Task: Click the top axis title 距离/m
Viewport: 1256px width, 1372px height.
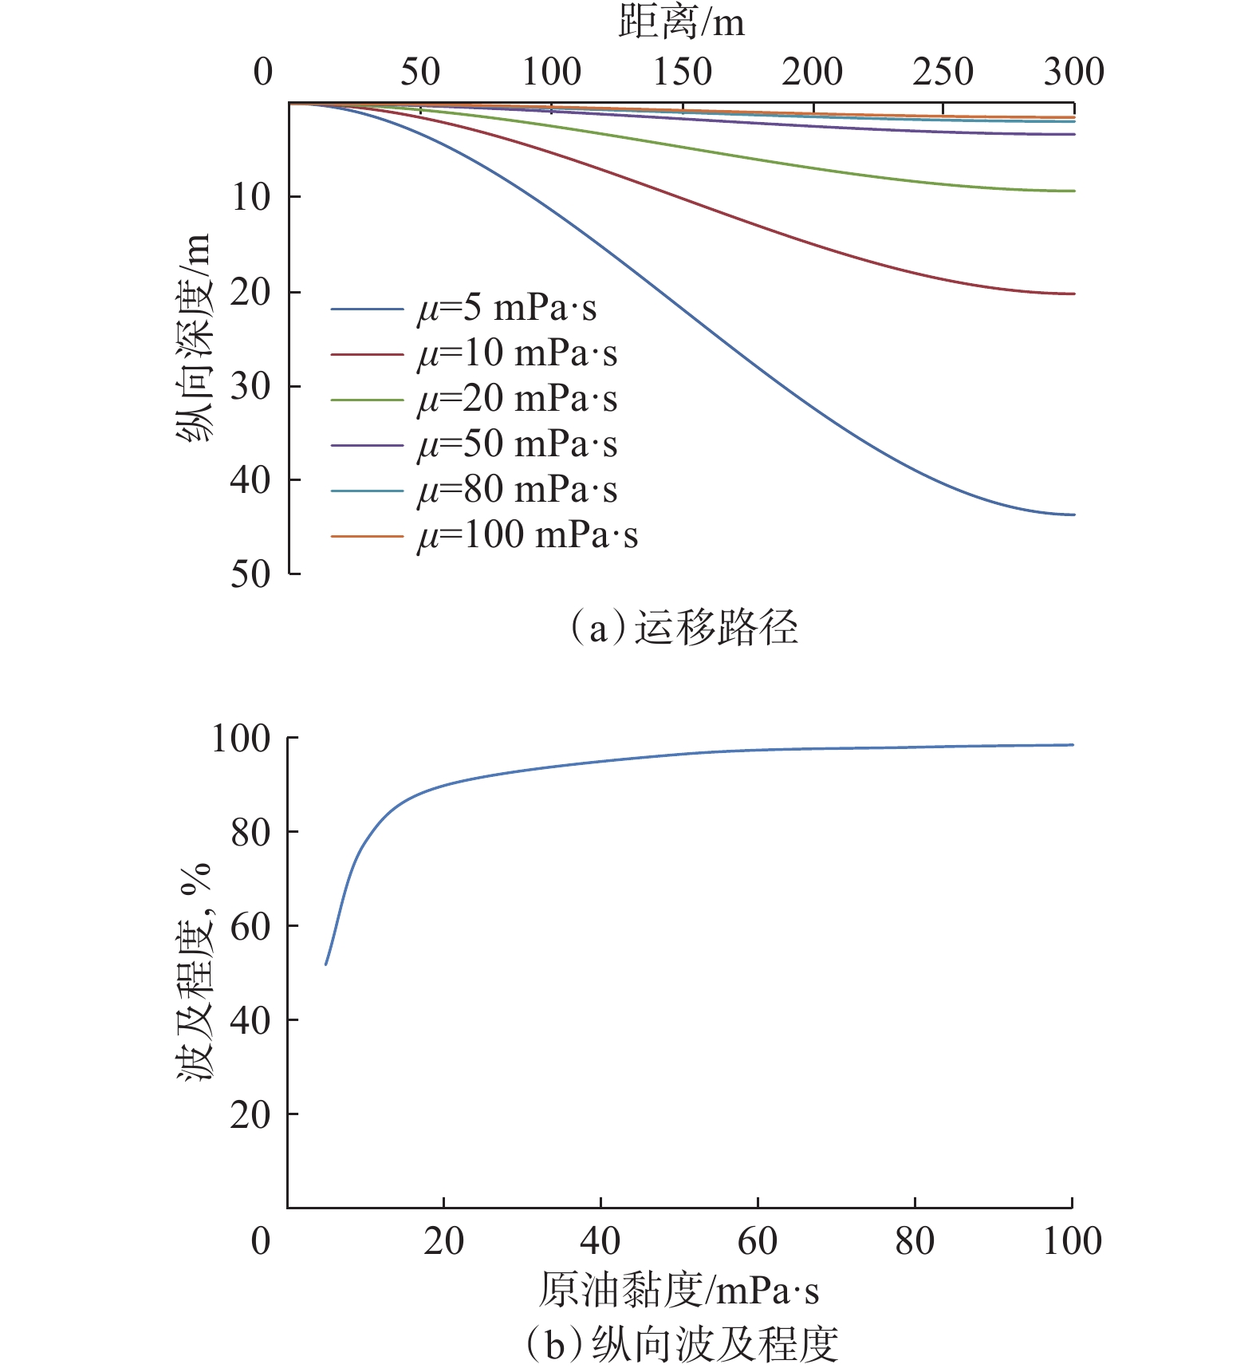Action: point(681,22)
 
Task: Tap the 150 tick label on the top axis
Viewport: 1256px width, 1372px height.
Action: point(682,73)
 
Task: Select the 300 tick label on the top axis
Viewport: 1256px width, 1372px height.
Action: point(1073,73)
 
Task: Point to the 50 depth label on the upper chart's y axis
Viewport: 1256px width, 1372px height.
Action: point(250,574)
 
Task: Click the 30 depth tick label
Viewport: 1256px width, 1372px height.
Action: point(250,387)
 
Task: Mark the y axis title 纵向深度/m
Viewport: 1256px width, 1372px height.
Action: point(194,337)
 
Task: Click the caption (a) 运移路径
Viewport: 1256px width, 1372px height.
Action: point(683,628)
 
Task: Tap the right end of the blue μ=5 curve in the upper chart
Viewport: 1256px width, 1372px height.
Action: point(1073,514)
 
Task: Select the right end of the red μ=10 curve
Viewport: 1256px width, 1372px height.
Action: point(1073,294)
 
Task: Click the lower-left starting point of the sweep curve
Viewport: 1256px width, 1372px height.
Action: point(326,964)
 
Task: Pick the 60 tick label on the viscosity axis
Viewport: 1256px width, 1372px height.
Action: point(757,1242)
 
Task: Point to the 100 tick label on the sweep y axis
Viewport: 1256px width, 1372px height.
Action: point(241,739)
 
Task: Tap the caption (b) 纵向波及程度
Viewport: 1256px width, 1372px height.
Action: point(682,1345)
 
